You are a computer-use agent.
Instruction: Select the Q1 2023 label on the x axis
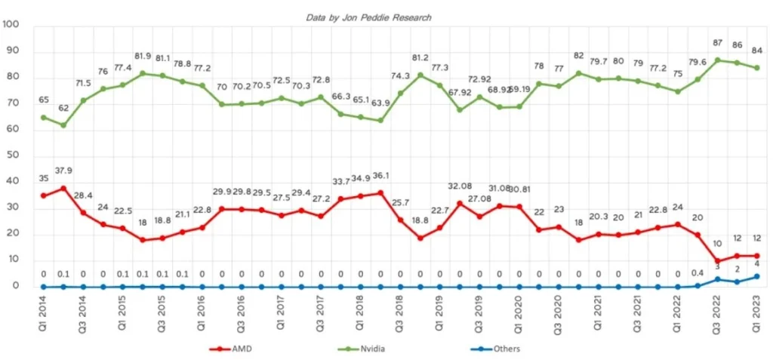pyautogui.click(x=756, y=312)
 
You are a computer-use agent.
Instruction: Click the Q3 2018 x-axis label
pyautogui.click(x=400, y=312)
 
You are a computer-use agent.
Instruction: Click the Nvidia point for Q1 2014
pyautogui.click(x=44, y=117)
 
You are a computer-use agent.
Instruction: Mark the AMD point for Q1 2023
pyautogui.click(x=757, y=256)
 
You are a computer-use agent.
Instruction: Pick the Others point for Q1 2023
pyautogui.click(x=757, y=276)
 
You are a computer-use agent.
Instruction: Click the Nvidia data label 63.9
pyautogui.click(x=380, y=103)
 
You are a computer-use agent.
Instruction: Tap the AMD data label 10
pyautogui.click(x=717, y=244)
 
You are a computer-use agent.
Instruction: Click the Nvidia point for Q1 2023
pyautogui.click(x=757, y=67)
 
